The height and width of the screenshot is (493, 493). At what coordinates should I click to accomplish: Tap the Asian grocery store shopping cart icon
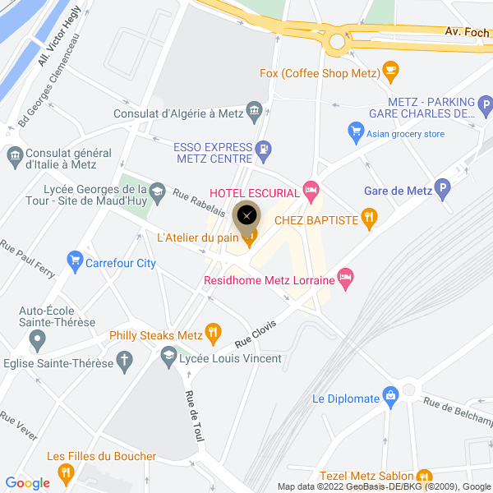(356, 131)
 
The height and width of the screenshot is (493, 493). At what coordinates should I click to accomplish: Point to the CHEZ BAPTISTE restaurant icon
(370, 219)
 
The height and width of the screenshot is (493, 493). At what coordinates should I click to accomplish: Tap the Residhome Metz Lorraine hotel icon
(347, 280)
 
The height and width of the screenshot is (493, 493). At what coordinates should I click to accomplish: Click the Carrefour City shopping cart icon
(76, 263)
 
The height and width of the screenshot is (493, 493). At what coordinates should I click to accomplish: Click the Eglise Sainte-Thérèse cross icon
(124, 359)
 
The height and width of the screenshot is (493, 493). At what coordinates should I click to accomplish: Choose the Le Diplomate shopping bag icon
(391, 399)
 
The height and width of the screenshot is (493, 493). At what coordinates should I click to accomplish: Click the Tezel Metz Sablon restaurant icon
(424, 476)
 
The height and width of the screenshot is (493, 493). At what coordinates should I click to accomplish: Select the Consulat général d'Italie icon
(14, 154)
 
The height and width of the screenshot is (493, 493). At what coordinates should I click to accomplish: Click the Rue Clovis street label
(256, 331)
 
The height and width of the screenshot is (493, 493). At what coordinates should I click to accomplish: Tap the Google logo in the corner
(28, 483)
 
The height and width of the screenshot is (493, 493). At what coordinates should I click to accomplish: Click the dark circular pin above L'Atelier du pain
(247, 216)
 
